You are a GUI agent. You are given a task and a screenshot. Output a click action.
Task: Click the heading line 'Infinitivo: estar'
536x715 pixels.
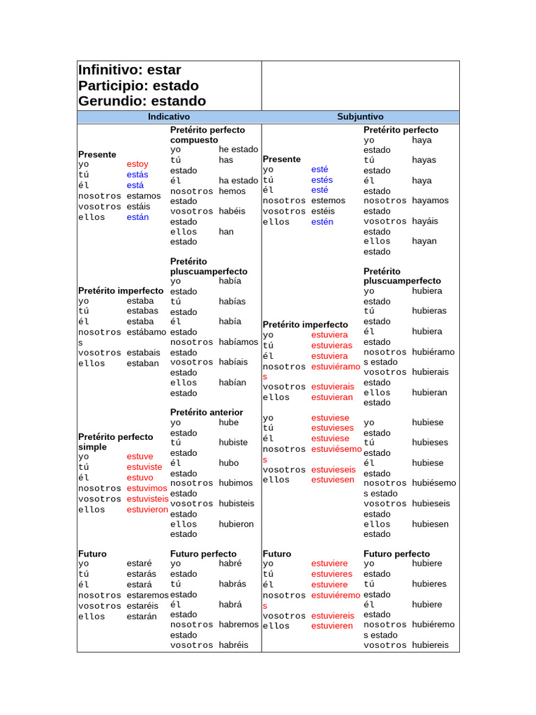coord(130,70)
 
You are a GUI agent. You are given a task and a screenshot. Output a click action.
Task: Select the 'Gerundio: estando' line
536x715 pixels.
coord(142,101)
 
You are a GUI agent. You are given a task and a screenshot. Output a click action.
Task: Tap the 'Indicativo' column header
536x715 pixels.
coord(169,117)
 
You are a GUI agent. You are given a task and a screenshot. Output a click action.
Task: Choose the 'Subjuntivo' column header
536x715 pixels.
coord(360,117)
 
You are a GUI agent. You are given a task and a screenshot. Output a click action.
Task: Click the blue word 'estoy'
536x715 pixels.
coord(137,164)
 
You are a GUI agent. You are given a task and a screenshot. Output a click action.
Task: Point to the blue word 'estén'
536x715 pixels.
coord(322,222)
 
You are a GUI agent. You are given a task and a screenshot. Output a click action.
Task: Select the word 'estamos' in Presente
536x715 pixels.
coord(144,196)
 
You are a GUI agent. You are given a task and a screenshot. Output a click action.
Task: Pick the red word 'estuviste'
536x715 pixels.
coord(144,467)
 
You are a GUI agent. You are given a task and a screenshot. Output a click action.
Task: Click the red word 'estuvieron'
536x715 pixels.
coord(147,510)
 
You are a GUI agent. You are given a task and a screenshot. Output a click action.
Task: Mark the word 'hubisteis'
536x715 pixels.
coord(237,503)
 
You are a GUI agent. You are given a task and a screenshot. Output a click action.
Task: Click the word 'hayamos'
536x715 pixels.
coord(431,200)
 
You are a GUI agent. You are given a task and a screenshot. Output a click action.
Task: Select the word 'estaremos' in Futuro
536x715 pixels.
coord(148,596)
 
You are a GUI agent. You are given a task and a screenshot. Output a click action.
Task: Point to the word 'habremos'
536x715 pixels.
coord(239,625)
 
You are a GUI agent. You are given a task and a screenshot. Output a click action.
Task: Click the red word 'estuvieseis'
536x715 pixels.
coord(334,470)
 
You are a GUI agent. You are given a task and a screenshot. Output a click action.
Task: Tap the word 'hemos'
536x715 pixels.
coord(232,191)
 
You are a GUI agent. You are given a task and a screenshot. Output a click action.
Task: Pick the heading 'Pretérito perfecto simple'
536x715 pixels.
coord(115,442)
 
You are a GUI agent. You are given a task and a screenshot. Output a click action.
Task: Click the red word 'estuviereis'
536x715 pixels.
coord(333,616)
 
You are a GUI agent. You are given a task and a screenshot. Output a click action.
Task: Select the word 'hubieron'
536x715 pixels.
coord(237,524)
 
